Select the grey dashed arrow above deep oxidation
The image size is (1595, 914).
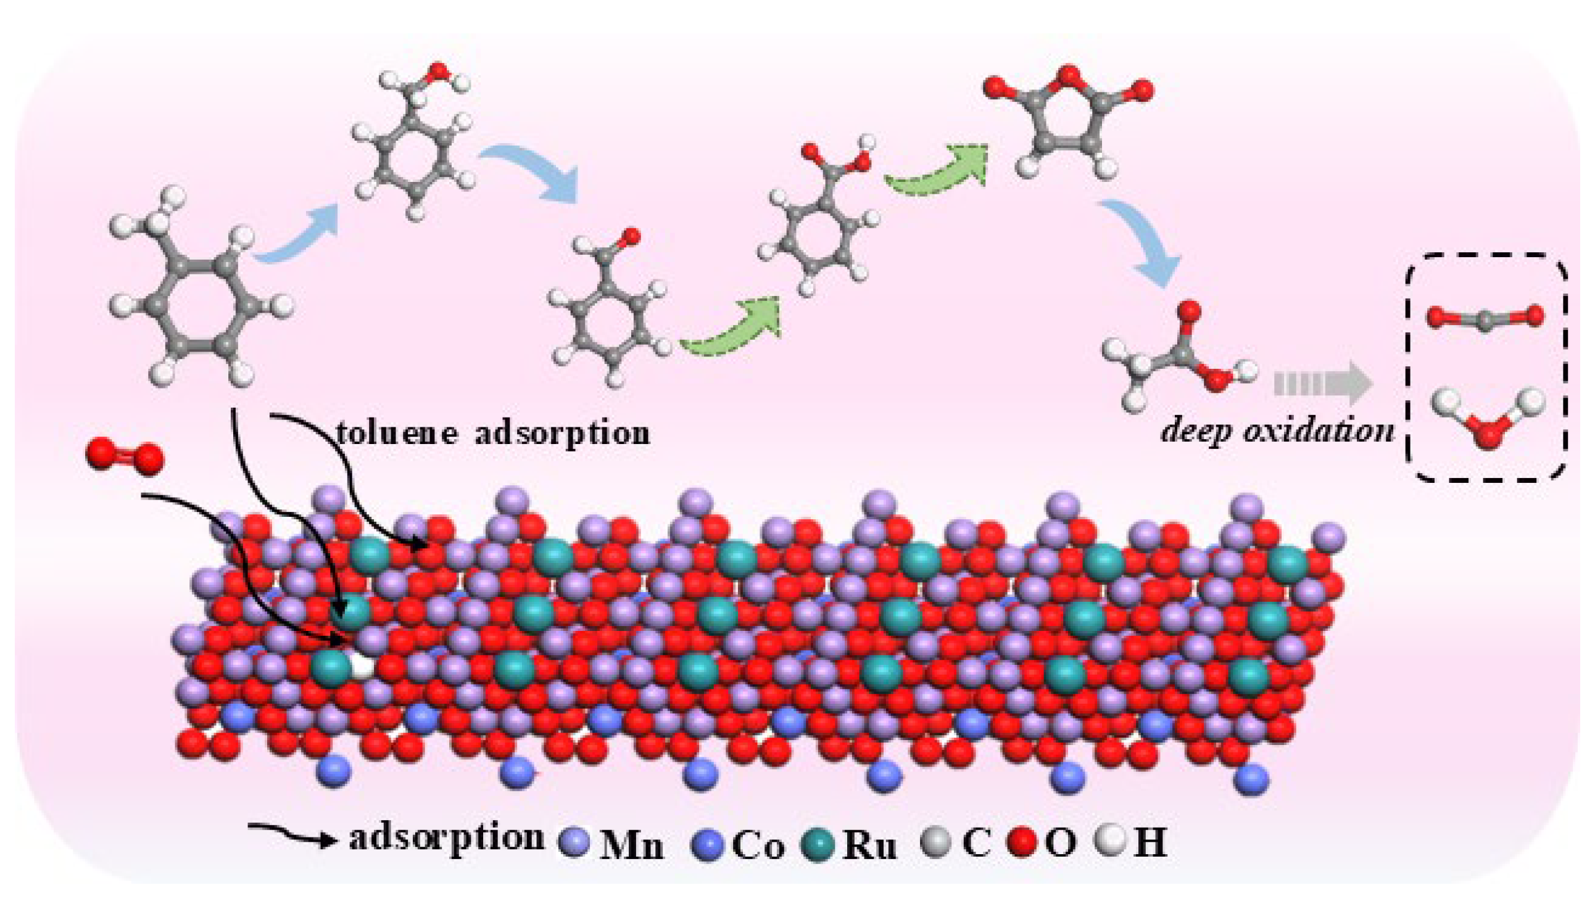pos(1321,384)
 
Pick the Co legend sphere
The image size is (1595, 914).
pos(707,844)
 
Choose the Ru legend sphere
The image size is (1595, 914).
pos(817,844)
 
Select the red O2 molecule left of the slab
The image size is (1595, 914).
pos(125,457)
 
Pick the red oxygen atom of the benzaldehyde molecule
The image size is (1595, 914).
pos(631,237)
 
